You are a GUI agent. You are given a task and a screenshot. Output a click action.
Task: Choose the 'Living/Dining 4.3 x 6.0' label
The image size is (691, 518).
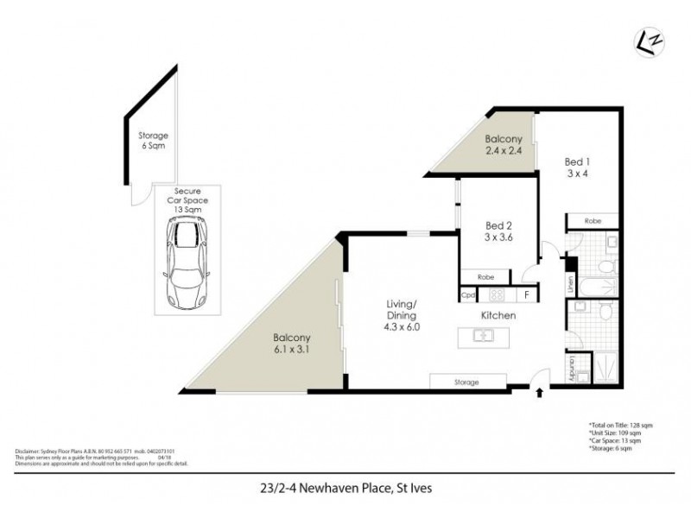[402, 311]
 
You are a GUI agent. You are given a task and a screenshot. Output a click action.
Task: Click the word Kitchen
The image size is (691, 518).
[498, 316]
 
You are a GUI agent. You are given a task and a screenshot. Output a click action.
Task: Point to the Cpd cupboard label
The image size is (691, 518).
[468, 295]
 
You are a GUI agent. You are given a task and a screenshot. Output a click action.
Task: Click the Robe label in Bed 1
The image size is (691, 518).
[592, 221]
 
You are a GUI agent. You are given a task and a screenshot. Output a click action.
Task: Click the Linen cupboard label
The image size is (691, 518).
[570, 282]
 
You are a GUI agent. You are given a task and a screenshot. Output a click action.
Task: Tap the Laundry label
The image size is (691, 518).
[573, 367]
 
